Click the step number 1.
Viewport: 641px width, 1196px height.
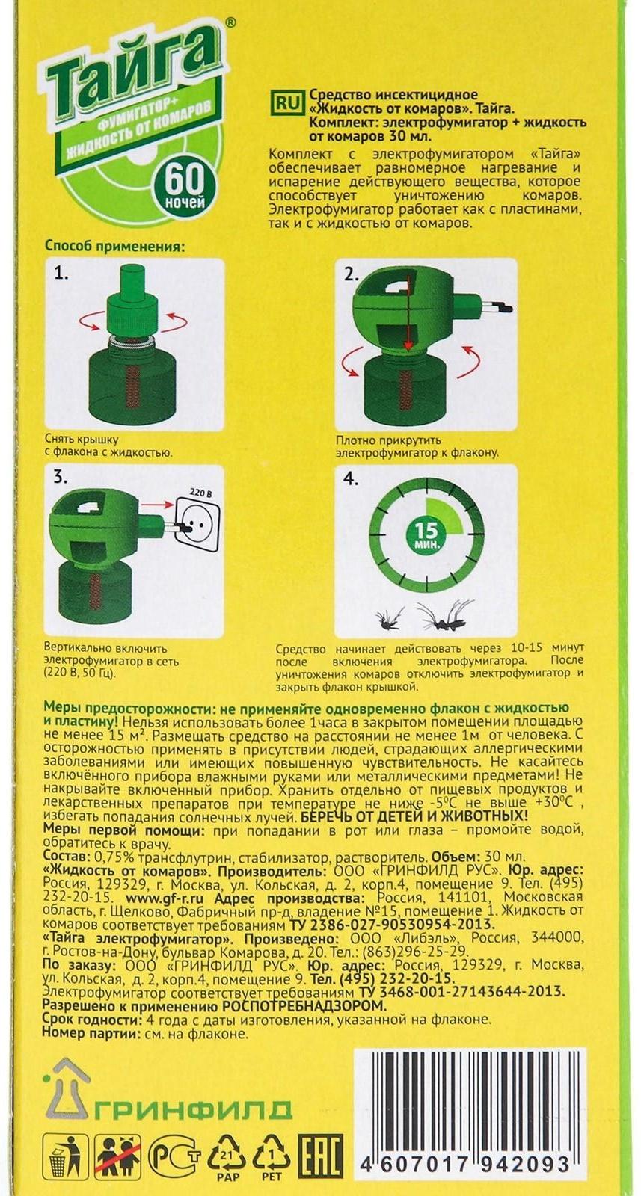click(x=61, y=274)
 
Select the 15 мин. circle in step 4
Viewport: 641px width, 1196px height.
click(x=426, y=533)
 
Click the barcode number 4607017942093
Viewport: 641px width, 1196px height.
click(x=465, y=1165)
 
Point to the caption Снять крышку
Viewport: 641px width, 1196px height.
click(x=82, y=440)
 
